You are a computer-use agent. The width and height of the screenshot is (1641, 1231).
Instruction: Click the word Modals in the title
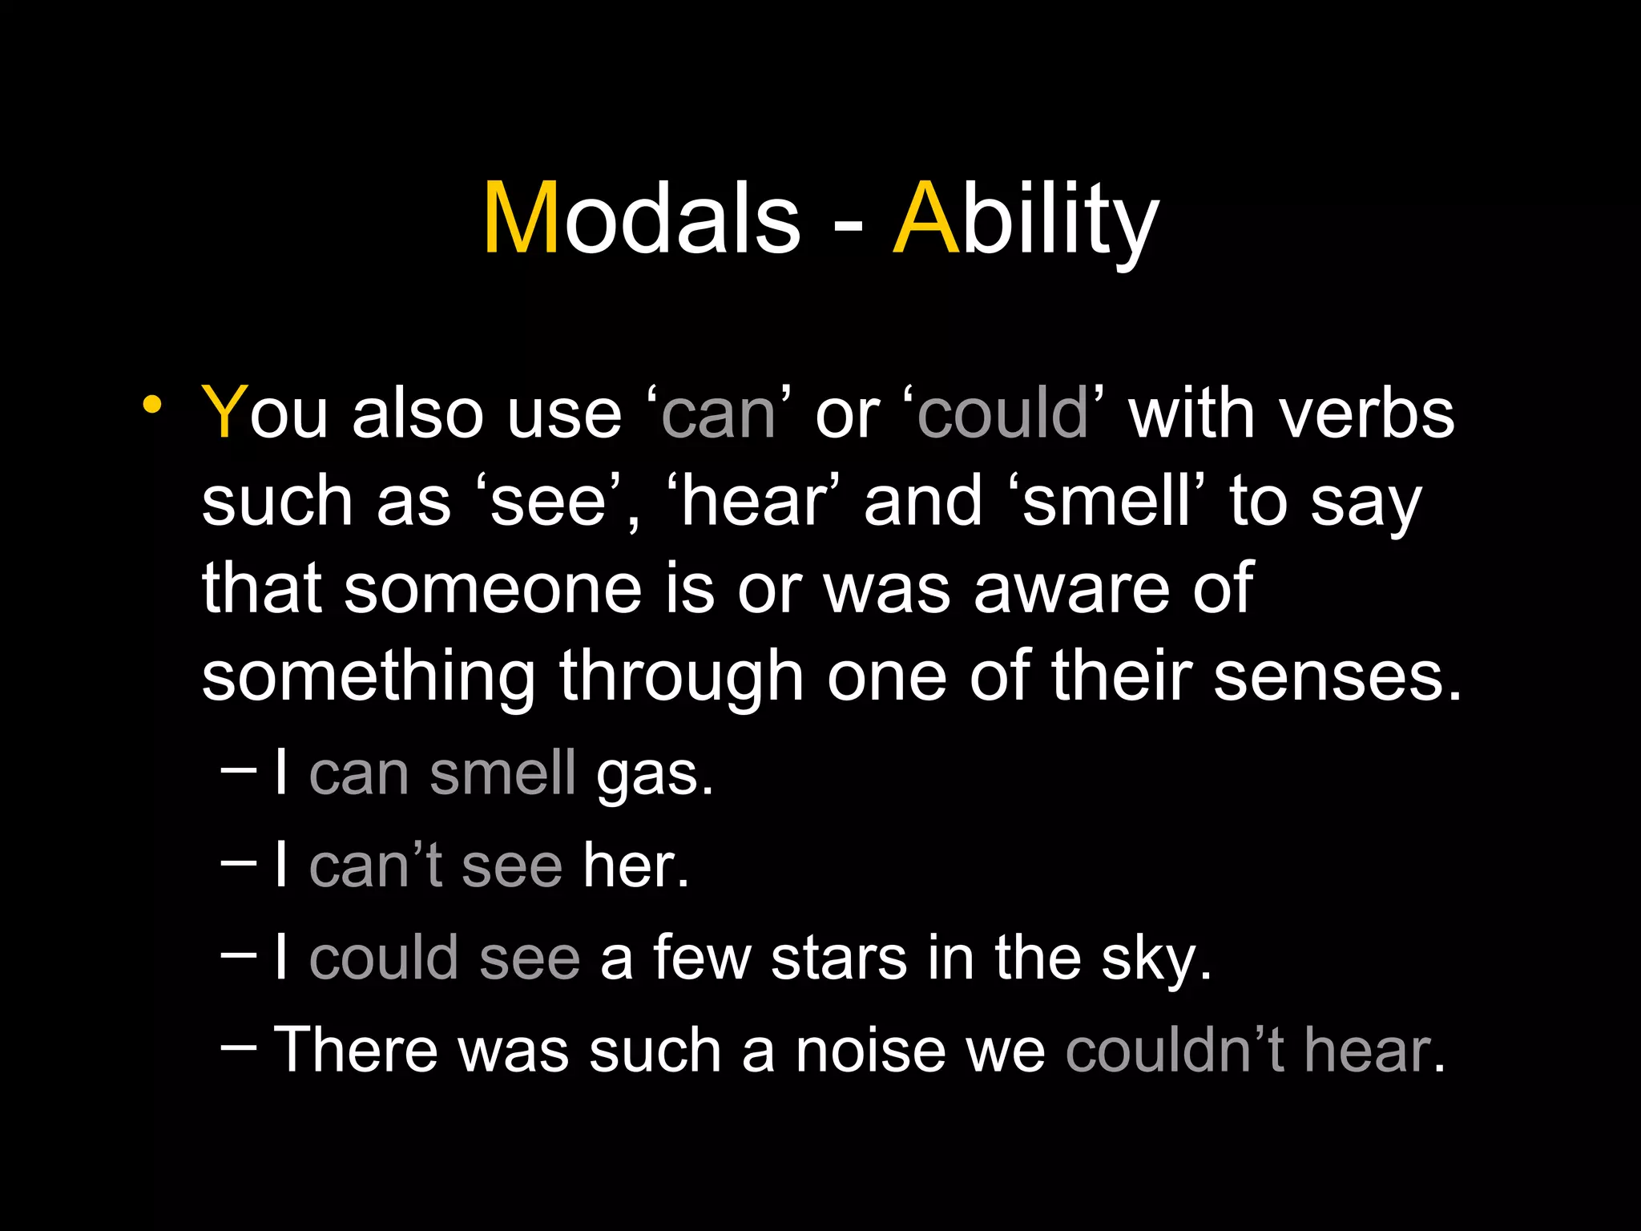coord(641,218)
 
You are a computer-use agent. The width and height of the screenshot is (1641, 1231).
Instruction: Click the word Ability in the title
coord(1026,218)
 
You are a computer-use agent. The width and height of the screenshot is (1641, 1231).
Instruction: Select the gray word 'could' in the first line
coord(1002,414)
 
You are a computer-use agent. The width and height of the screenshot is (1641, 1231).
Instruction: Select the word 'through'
coord(681,677)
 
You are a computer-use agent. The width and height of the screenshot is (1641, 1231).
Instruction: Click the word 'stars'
coord(838,959)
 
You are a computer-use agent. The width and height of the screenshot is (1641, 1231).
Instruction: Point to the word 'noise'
coord(869,1051)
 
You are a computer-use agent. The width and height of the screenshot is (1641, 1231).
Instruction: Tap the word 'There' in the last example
coord(356,1051)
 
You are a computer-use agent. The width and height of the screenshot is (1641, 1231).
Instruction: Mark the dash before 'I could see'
coord(238,954)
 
